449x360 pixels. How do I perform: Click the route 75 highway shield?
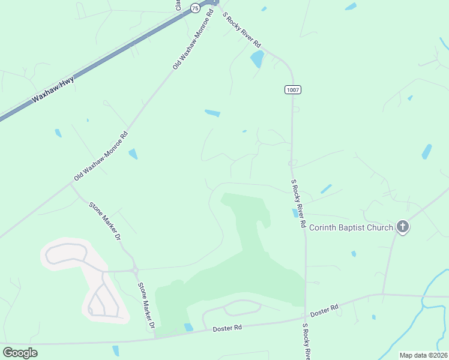[x=194, y=8]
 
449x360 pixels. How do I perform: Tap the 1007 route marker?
[x=292, y=89]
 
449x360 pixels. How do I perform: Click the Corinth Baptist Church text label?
[x=351, y=227]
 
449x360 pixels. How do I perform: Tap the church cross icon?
[x=402, y=227]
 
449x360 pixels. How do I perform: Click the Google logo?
[x=20, y=352]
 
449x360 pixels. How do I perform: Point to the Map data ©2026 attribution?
[x=423, y=355]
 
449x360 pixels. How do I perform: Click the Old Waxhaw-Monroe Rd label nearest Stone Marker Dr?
[x=101, y=157]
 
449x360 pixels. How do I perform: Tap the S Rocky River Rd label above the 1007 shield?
[x=243, y=31]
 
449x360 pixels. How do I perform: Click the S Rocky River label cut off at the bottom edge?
[x=306, y=341]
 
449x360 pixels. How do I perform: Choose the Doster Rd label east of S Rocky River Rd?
[x=326, y=310]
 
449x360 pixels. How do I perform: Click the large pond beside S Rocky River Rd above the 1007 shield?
[x=257, y=59]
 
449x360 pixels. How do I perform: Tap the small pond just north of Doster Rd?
[x=189, y=327]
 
